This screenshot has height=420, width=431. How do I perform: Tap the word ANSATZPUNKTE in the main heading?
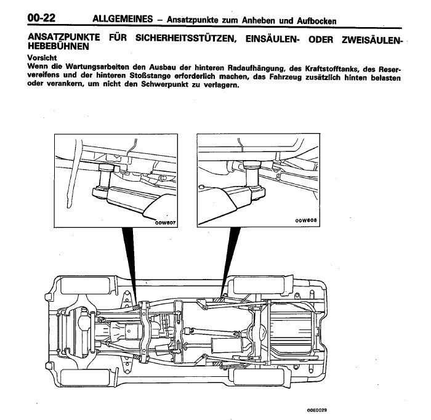[x=64, y=38]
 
